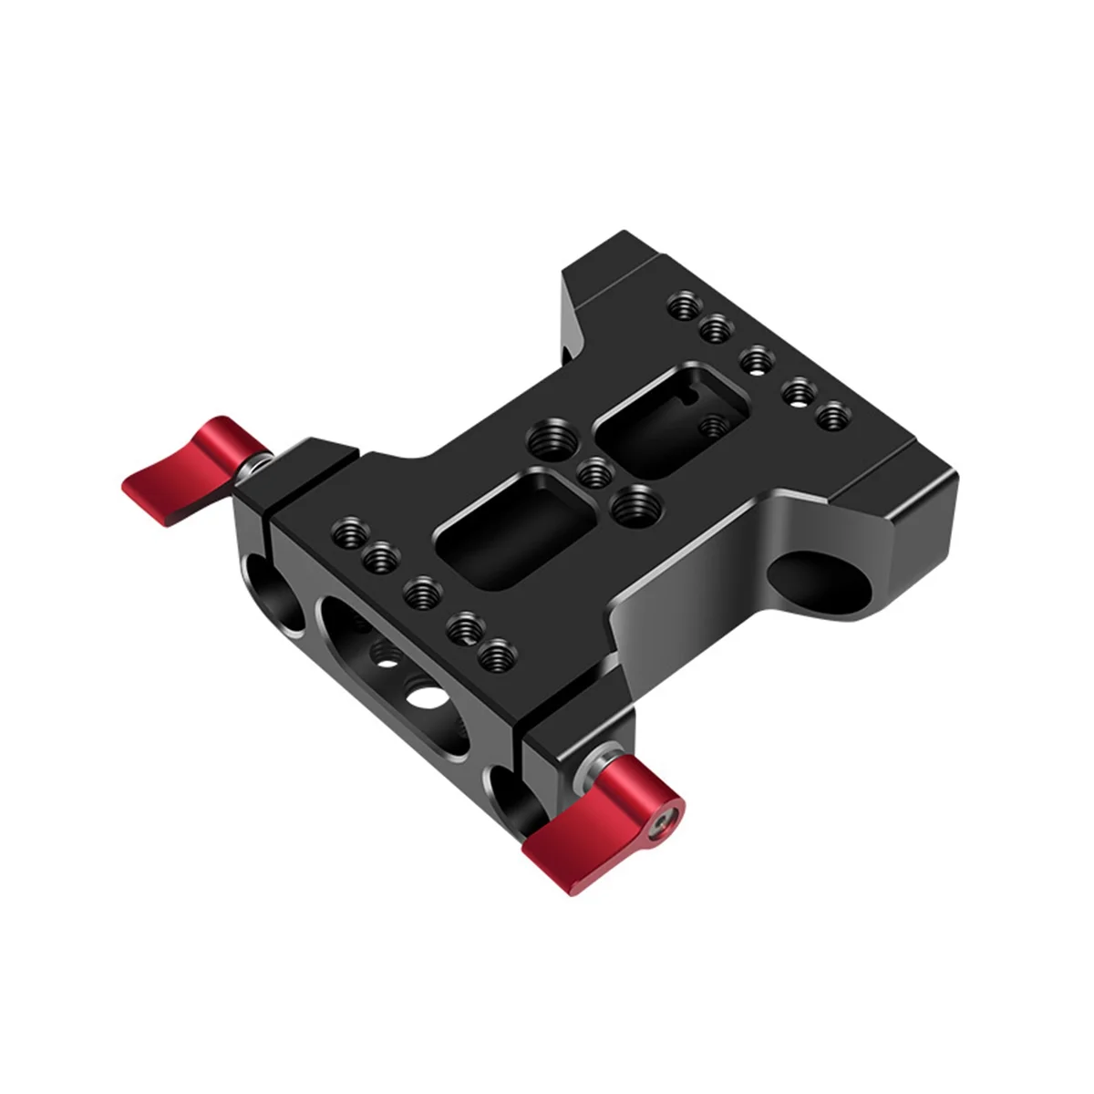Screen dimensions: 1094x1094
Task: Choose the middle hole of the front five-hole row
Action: pyautogui.click(x=422, y=594)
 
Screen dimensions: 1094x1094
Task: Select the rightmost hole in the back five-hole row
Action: pyautogui.click(x=830, y=418)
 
